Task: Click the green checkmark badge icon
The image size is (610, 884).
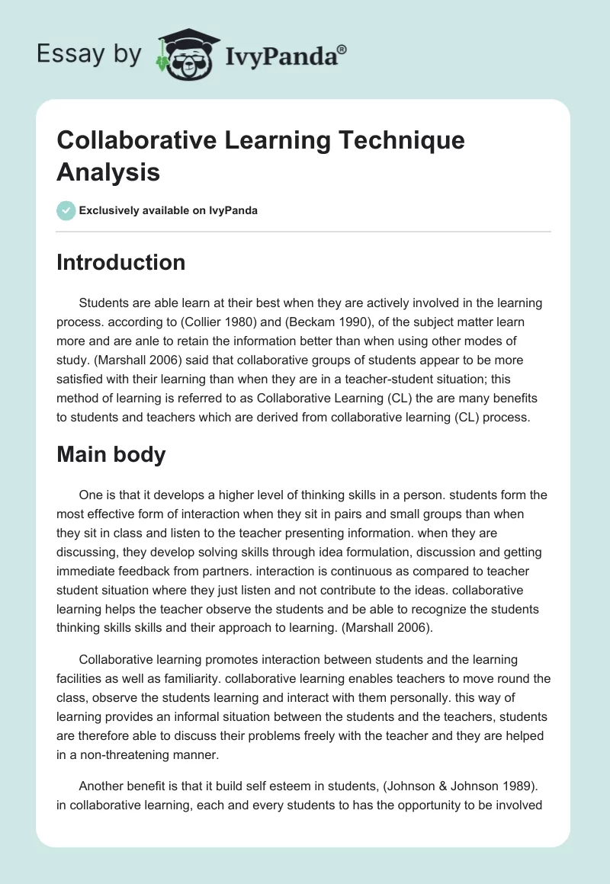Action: pyautogui.click(x=66, y=210)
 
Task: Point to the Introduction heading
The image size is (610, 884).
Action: pyautogui.click(x=120, y=262)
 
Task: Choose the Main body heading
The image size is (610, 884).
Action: pyautogui.click(x=111, y=454)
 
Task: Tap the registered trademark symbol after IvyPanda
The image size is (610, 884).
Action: pyautogui.click(x=342, y=49)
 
